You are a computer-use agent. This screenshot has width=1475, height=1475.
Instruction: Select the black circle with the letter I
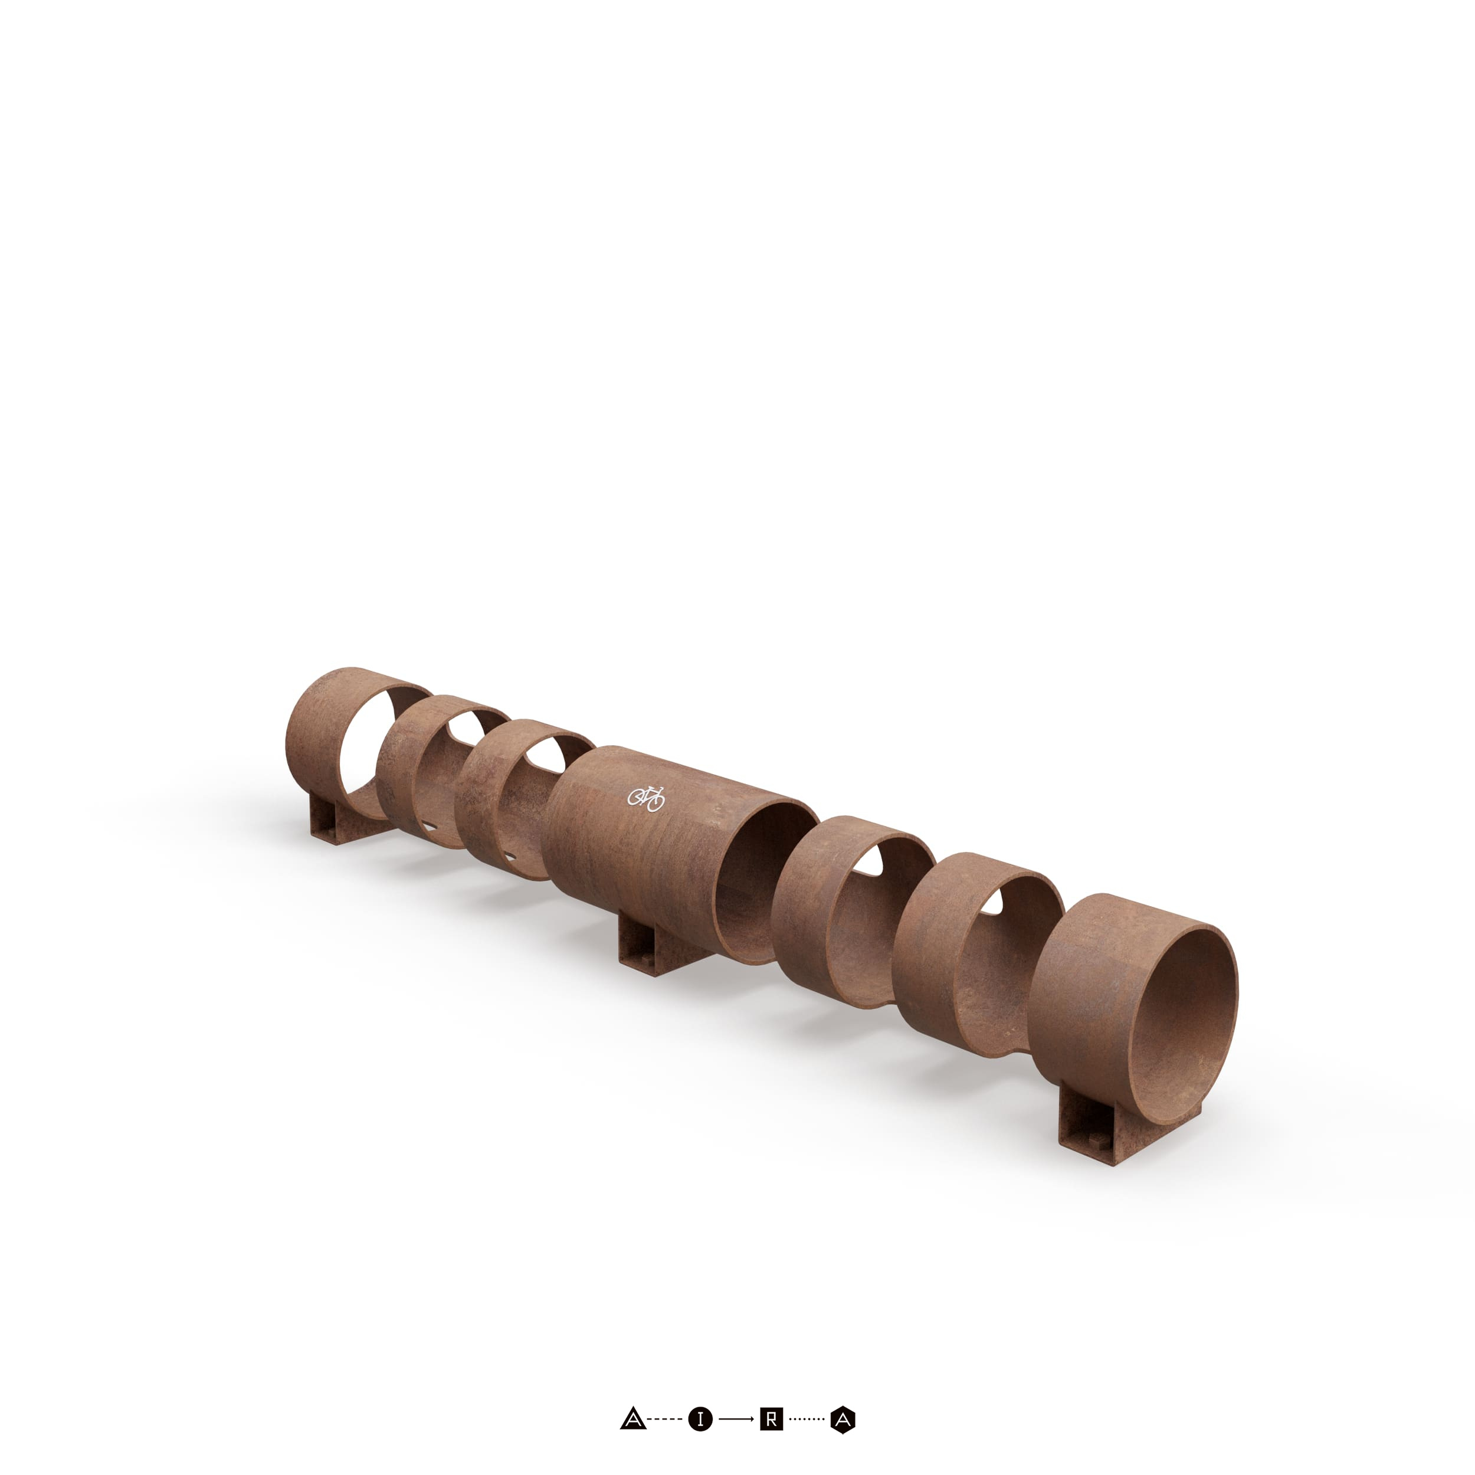pos(700,1420)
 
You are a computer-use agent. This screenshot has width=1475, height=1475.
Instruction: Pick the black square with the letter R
pos(771,1420)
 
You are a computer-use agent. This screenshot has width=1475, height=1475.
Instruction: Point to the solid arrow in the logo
pos(736,1420)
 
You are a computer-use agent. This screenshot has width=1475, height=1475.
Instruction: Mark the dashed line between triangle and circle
pos(665,1420)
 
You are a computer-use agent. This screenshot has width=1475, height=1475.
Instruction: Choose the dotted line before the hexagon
pos(806,1420)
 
